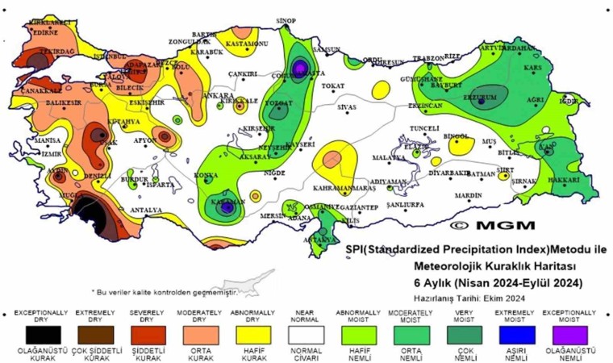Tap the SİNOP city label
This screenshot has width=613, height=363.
[x=286, y=20]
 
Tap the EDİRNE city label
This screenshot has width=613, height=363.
[x=44, y=33]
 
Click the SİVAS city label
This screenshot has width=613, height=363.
[x=347, y=106]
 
